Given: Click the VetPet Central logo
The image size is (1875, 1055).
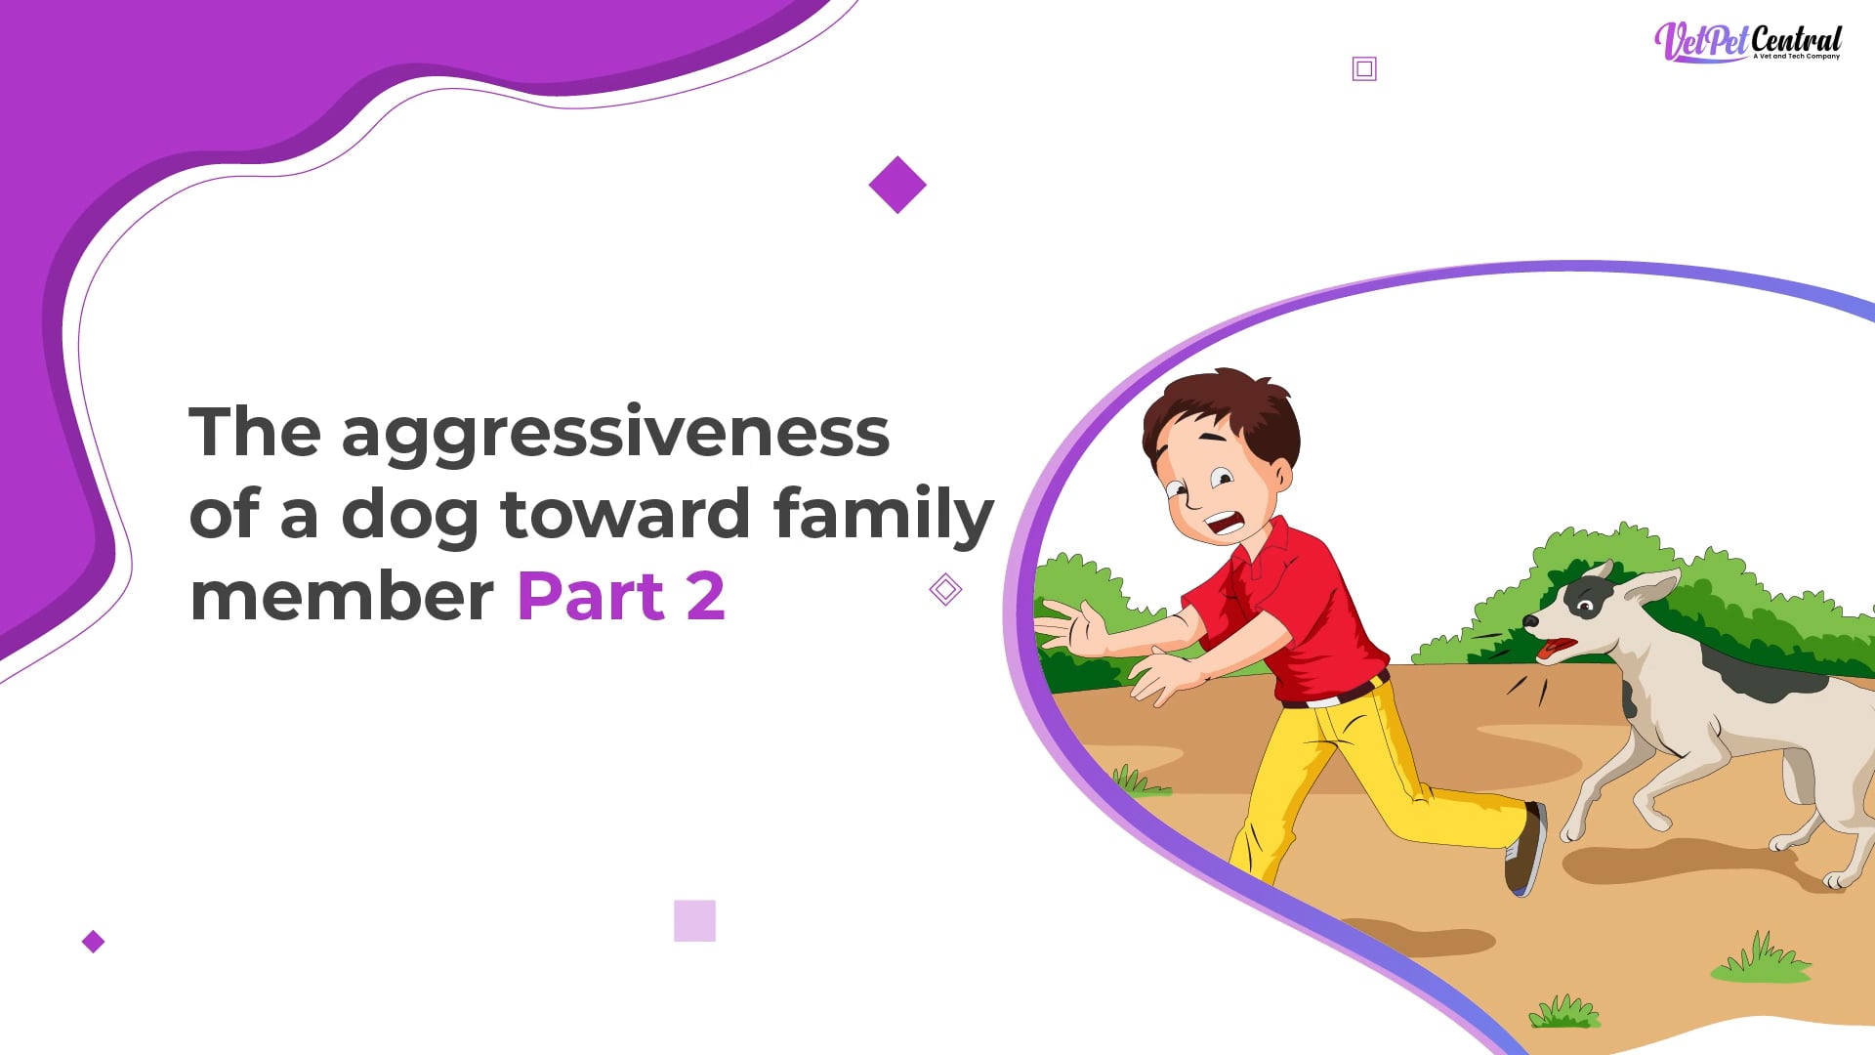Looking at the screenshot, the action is click(1747, 42).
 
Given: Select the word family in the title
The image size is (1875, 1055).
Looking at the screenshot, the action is click(884, 515).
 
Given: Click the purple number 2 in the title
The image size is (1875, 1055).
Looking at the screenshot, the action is click(706, 595).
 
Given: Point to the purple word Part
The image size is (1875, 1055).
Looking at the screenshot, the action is click(591, 595).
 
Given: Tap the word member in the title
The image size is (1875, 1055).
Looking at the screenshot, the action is click(342, 595).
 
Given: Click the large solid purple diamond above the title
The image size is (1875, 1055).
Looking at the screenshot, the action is click(897, 185).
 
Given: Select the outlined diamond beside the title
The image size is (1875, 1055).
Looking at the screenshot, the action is click(945, 589).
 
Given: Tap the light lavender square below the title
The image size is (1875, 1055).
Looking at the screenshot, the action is click(694, 920).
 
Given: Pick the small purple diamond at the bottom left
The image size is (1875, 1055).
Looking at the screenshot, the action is click(93, 942).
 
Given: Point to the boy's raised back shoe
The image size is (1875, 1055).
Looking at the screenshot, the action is click(1525, 849).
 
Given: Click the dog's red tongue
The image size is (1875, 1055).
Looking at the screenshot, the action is click(1555, 649).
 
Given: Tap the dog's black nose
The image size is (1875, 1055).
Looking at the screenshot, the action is click(1530, 621).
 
